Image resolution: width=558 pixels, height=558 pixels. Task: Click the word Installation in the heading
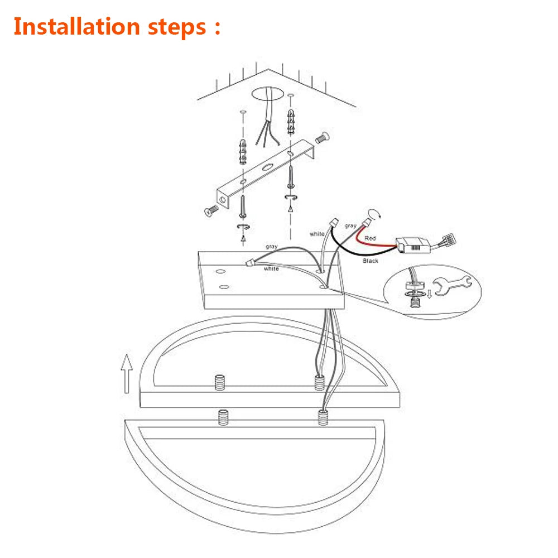click(77, 27)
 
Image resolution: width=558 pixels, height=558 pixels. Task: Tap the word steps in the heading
click(177, 28)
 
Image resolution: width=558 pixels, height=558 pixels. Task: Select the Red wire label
click(370, 238)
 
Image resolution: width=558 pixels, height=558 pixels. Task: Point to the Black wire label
click(371, 261)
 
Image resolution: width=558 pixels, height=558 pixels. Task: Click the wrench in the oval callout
click(452, 285)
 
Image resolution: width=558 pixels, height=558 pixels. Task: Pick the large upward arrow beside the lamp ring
click(127, 374)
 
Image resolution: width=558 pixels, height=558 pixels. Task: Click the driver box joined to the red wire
click(413, 245)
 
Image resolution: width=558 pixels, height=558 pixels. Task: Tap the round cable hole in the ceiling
click(268, 94)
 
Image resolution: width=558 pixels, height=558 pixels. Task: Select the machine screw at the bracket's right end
click(323, 137)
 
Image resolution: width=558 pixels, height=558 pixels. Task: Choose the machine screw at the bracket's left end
click(211, 211)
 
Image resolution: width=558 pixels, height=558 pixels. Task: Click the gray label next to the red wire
click(350, 226)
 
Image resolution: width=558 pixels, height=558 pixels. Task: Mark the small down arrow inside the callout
click(430, 294)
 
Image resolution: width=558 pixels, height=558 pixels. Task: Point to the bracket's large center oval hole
click(268, 167)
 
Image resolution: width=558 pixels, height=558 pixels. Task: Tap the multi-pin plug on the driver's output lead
click(449, 239)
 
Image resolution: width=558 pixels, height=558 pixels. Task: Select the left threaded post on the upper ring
click(219, 383)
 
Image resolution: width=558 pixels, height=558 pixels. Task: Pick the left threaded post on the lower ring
click(223, 417)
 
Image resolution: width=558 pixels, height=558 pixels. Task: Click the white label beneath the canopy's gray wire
click(271, 269)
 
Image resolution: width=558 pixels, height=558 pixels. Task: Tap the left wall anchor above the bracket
click(243, 152)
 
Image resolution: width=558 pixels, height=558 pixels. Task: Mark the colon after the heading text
click(218, 28)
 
